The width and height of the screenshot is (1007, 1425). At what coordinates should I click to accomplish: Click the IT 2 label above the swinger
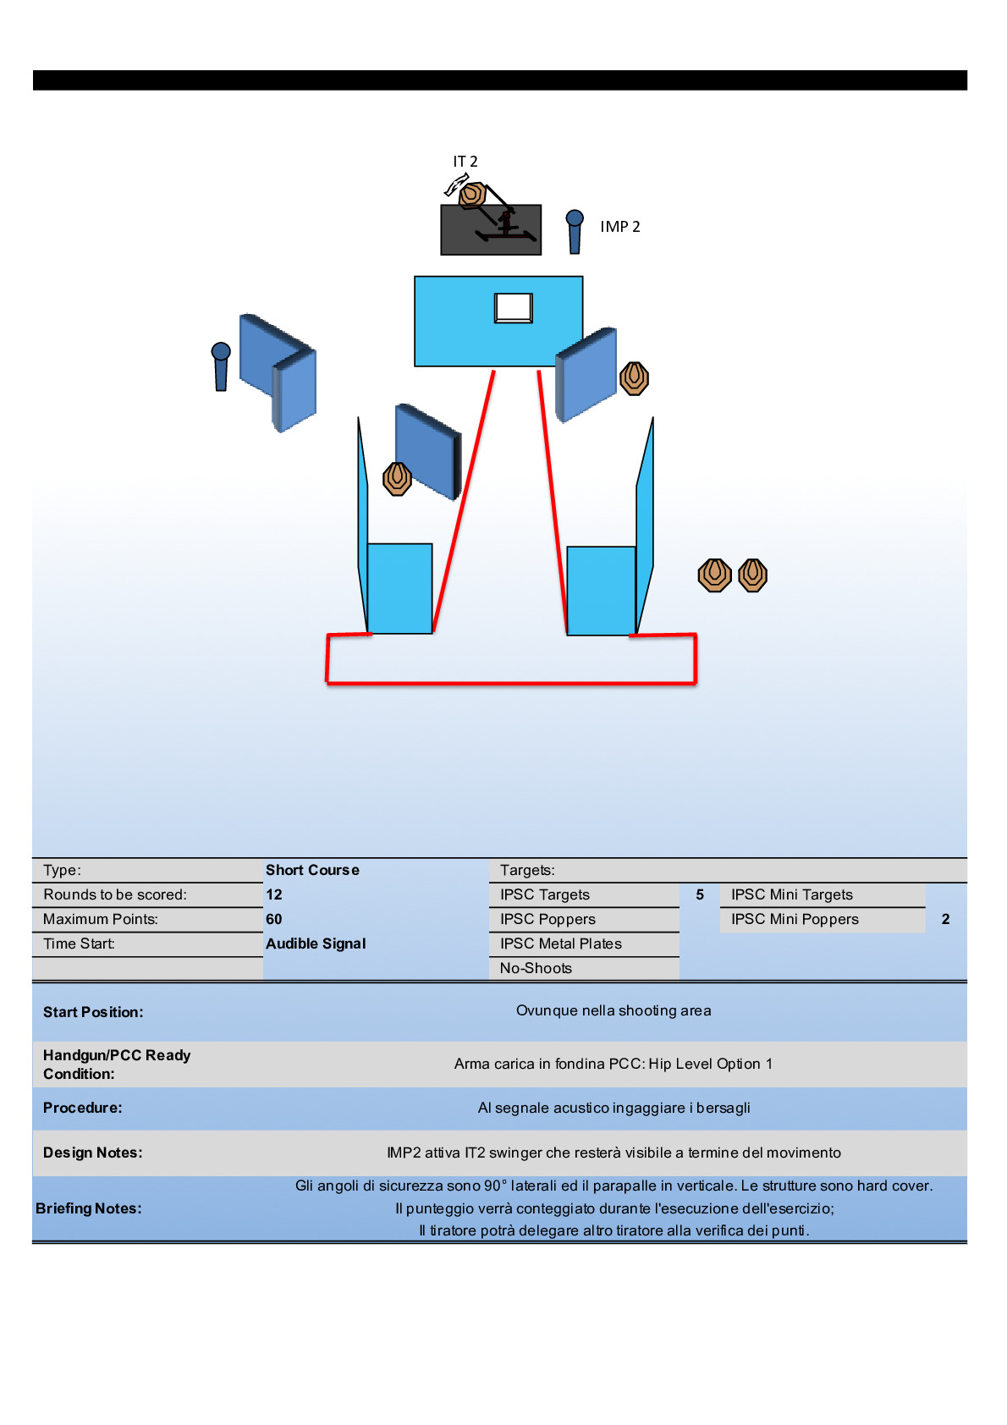point(465,162)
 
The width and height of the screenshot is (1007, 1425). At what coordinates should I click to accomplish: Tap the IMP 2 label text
point(619,227)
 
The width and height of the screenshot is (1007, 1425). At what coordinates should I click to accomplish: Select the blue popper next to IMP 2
point(575,231)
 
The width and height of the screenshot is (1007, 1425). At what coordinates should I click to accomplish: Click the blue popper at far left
point(221,366)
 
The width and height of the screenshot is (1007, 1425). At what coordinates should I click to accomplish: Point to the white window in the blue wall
point(514,307)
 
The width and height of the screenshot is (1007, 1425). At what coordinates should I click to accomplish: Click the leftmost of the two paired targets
point(715,575)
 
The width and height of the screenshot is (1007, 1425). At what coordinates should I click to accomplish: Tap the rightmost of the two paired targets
point(752,575)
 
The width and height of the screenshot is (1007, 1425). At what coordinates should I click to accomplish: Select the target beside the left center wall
point(397,479)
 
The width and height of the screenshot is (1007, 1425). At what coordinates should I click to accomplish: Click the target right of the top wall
point(634,378)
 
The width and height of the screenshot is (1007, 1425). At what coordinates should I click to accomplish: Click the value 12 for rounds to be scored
point(274,894)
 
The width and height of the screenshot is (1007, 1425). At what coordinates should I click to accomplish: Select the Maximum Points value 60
point(274,919)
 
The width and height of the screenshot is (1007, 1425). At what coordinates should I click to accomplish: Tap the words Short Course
point(312,870)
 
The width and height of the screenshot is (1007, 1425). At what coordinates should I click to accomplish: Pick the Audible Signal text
point(316,944)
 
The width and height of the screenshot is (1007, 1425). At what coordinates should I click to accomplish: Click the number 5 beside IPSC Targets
point(700,894)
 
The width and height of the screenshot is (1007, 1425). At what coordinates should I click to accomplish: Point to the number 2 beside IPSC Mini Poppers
point(945,919)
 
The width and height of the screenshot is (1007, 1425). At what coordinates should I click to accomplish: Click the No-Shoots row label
point(536,968)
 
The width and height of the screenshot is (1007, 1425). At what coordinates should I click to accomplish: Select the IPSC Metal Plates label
point(560,944)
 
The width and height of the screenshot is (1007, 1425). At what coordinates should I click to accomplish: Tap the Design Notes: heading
point(93,1153)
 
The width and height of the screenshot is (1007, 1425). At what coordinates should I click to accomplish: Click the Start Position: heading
point(93,1012)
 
